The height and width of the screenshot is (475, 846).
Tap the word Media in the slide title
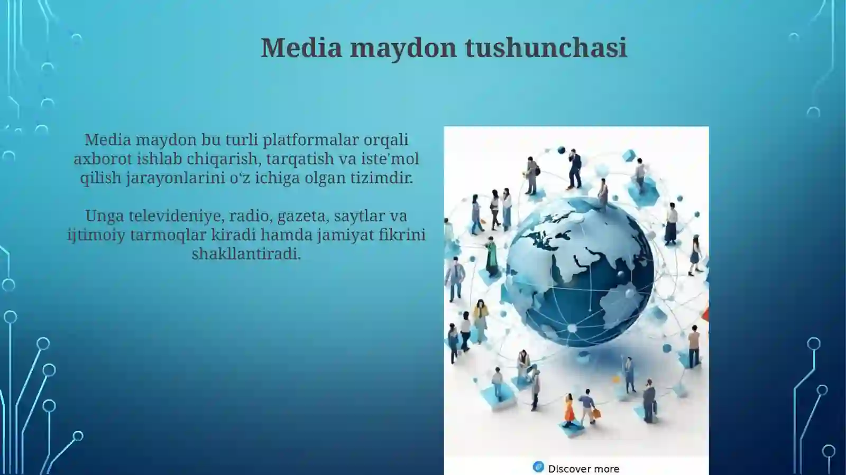tap(301, 48)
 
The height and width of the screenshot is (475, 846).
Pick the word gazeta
tap(301, 216)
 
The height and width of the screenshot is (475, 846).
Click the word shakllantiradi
tap(246, 254)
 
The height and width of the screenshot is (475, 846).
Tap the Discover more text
tap(583, 469)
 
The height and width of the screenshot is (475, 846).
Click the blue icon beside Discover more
tap(538, 467)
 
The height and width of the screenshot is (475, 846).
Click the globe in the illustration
tap(580, 273)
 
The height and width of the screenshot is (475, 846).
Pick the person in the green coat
tap(492, 256)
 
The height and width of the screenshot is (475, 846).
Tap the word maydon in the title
tap(403, 48)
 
